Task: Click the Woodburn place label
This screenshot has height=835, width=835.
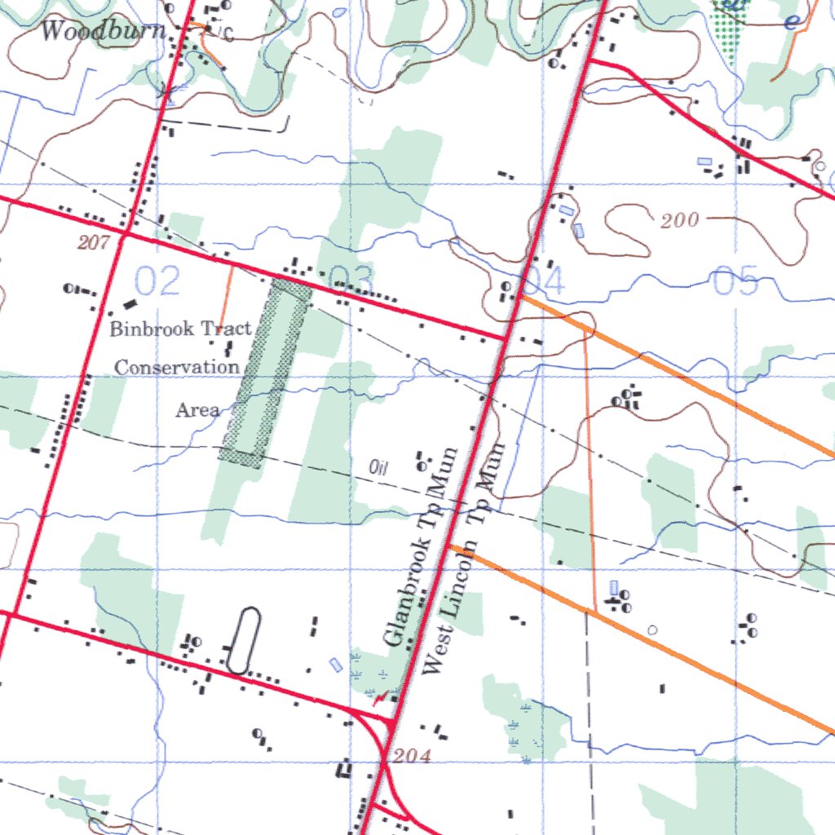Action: point(103,32)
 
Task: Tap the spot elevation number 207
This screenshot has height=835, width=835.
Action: point(95,241)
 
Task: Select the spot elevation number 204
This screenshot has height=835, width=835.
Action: point(412,757)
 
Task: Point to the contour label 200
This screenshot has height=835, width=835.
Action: point(680,220)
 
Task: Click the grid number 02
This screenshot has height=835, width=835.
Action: point(157,281)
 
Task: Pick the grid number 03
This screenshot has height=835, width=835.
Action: point(351,280)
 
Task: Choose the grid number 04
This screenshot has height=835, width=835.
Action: point(543,282)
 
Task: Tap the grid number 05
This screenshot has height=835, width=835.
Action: point(736,281)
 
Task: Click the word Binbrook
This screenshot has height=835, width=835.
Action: point(152,329)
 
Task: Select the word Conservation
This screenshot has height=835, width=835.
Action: point(177,368)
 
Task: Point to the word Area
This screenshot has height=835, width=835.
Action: point(198,410)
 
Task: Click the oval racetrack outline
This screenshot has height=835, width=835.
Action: point(243,641)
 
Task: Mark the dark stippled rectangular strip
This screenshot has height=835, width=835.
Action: point(266,373)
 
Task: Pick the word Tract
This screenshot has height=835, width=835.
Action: point(226,329)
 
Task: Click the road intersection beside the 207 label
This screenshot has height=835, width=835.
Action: point(126,232)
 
